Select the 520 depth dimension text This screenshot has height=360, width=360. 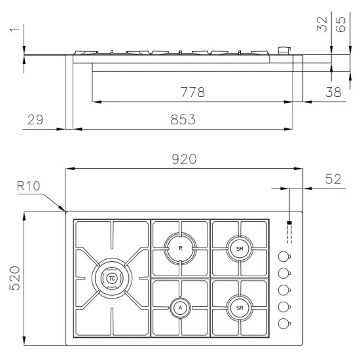click(x=14, y=278)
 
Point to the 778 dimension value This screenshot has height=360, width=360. click(x=192, y=92)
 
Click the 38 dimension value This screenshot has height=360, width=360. click(x=334, y=92)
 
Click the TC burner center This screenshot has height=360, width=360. click(x=112, y=278)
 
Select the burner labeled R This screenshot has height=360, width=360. click(x=180, y=248)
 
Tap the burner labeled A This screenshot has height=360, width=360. click(x=180, y=307)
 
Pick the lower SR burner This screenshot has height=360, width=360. click(x=240, y=307)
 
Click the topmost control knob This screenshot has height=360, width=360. click(x=285, y=257)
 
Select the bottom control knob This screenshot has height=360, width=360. click(x=285, y=323)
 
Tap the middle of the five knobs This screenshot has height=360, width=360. click(x=285, y=290)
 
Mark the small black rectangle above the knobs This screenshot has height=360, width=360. click(x=288, y=224)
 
